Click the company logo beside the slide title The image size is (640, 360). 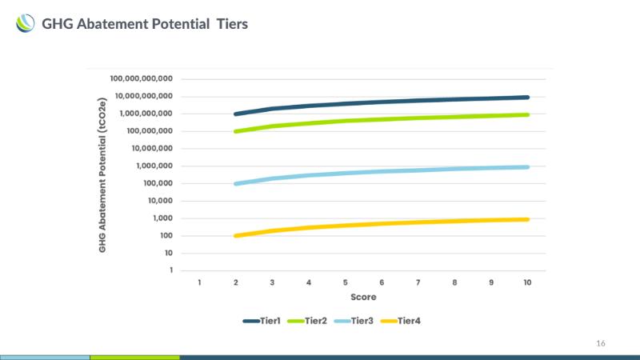[26, 25]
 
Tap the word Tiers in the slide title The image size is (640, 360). [232, 25]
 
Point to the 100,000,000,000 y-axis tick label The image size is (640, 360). [142, 79]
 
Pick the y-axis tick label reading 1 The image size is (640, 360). [170, 270]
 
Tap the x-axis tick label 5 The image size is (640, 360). [345, 283]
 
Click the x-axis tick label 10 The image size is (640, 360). [527, 283]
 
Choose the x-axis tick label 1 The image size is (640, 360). [199, 283]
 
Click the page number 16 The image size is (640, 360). [601, 343]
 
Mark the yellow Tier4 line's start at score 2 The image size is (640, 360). [235, 236]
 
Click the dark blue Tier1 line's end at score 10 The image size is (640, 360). [527, 98]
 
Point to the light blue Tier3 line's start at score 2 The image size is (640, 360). [235, 184]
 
